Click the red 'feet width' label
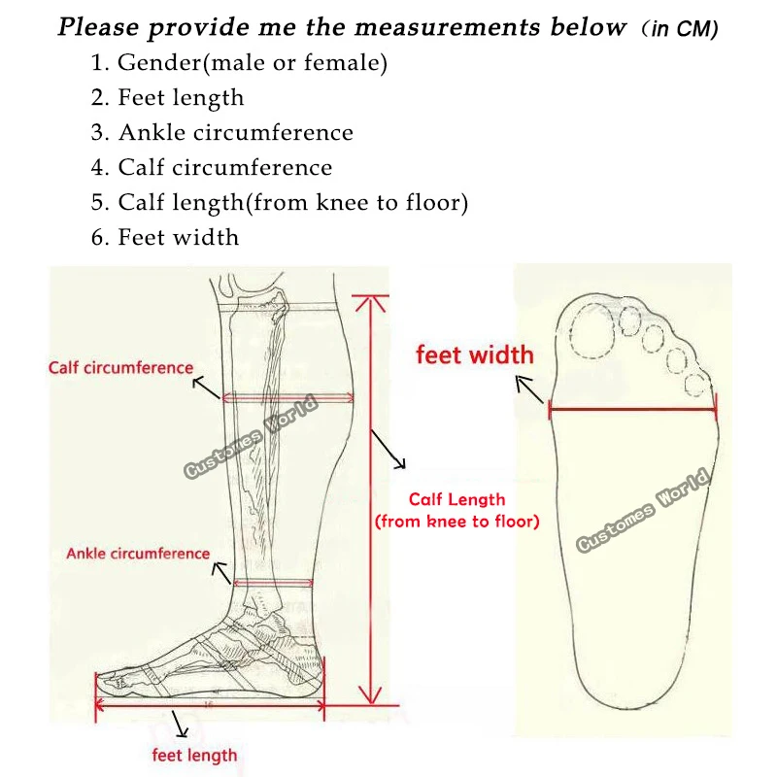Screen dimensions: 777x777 [x=474, y=355]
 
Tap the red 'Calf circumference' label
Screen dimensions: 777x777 [x=121, y=368]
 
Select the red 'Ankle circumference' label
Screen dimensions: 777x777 [x=138, y=554]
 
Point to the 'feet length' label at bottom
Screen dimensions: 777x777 [x=194, y=755]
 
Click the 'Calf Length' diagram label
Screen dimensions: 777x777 [x=456, y=499]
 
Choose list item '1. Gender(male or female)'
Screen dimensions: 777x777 [x=239, y=64]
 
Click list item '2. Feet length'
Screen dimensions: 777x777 [x=167, y=97]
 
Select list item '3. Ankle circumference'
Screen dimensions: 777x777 [x=221, y=132]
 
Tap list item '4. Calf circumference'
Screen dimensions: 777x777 [x=211, y=167]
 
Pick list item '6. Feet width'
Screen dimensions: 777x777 [x=164, y=237]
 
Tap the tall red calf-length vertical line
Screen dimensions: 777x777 [x=369, y=500]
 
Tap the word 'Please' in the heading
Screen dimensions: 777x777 [x=100, y=27]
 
